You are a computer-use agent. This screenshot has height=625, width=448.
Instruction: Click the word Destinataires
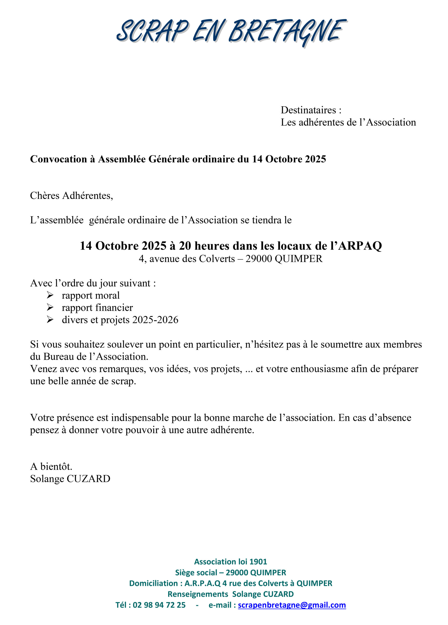308,110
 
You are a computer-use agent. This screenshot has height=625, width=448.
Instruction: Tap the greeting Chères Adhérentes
71,195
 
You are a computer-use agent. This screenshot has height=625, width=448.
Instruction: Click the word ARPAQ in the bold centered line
360,246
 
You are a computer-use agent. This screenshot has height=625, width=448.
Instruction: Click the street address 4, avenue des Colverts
187,259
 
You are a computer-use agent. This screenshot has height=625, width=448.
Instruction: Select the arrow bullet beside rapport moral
50,295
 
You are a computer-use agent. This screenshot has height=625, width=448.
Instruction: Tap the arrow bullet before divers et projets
50,319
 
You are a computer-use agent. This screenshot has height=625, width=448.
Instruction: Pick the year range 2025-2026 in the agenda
155,320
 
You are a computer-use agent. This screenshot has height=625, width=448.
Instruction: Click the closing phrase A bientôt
51,466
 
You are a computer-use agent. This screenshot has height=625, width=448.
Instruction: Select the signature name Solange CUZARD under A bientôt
70,479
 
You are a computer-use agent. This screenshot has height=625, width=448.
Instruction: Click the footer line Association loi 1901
231,561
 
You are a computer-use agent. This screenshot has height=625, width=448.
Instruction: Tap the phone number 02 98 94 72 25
159,605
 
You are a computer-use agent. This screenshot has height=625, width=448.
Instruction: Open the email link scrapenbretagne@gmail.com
292,605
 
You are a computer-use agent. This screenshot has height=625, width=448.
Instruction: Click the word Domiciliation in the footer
153,583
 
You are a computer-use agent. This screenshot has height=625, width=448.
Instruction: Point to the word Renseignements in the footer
198,594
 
